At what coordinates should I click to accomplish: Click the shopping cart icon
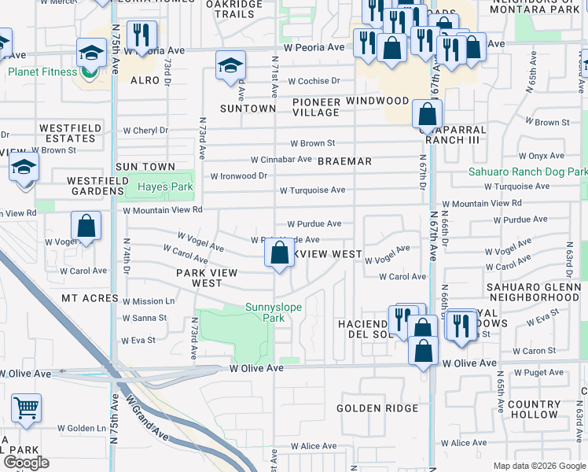(26, 408)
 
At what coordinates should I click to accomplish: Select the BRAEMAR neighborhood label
(344, 161)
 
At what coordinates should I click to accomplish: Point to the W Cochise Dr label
(314, 81)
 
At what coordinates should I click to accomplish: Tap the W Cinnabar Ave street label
(281, 159)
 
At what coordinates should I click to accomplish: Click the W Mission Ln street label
(149, 301)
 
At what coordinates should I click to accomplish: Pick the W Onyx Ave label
(545, 157)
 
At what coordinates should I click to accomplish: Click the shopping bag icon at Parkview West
(278, 253)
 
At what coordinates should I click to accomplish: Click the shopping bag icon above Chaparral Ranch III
(427, 114)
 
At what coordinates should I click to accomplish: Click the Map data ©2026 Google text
(538, 466)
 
